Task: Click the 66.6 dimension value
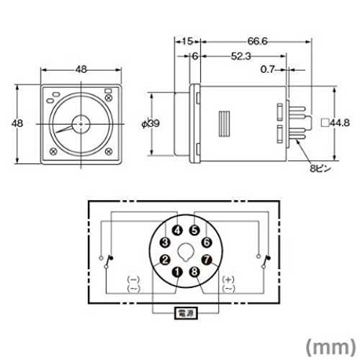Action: pyautogui.click(x=257, y=41)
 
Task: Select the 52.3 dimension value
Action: pyautogui.click(x=240, y=56)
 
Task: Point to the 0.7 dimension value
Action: pyautogui.click(x=267, y=69)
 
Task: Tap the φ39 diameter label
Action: pyautogui.click(x=150, y=124)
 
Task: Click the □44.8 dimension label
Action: pyautogui.click(x=336, y=123)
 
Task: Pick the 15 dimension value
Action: pyautogui.click(x=187, y=41)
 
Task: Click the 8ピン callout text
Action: pyautogui.click(x=320, y=168)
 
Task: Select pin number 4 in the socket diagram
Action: pyautogui.click(x=177, y=230)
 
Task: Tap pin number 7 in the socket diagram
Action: pyautogui.click(x=207, y=260)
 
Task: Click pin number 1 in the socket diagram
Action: pyautogui.click(x=177, y=272)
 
